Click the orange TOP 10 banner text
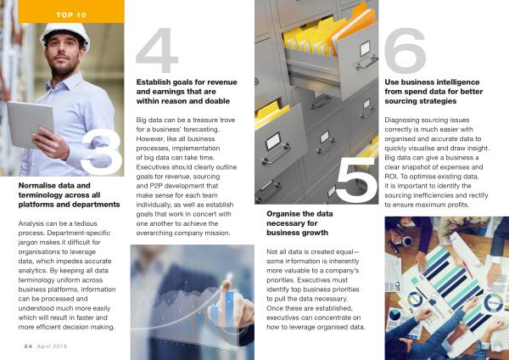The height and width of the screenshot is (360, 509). [x=71, y=15]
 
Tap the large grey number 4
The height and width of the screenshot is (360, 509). [x=157, y=50]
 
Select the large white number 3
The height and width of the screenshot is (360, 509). [x=102, y=151]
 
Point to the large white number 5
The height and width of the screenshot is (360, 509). [x=356, y=180]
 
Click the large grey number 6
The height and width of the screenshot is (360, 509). [x=405, y=51]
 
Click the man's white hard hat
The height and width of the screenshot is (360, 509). [x=65, y=35]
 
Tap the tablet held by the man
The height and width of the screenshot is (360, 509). [x=30, y=124]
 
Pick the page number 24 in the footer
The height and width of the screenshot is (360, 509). [x=28, y=346]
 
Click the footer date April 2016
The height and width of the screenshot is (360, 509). [x=52, y=346]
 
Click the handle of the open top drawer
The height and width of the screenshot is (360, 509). [x=366, y=63]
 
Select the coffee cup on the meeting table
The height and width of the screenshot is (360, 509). [x=406, y=241]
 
